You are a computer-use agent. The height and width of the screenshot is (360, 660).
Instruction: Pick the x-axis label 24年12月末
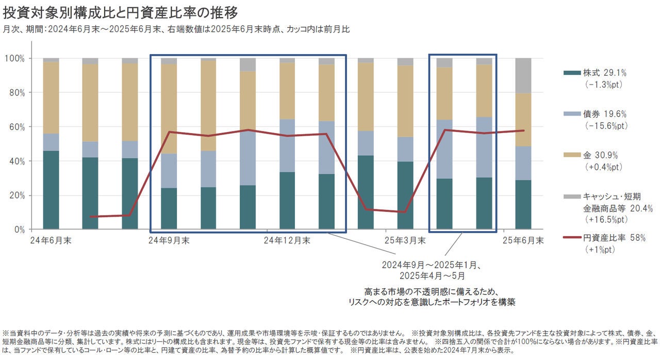[x=287, y=240]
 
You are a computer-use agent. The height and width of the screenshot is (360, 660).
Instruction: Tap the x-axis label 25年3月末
[x=405, y=240]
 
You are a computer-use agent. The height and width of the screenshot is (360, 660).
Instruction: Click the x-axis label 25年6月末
[x=523, y=240]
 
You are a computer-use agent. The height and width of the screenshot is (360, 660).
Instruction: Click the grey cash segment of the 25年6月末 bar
[x=523, y=75]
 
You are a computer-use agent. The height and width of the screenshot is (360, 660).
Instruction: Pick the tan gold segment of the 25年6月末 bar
[x=523, y=119]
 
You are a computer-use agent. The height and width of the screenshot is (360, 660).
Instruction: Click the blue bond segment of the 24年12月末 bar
[x=287, y=145]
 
